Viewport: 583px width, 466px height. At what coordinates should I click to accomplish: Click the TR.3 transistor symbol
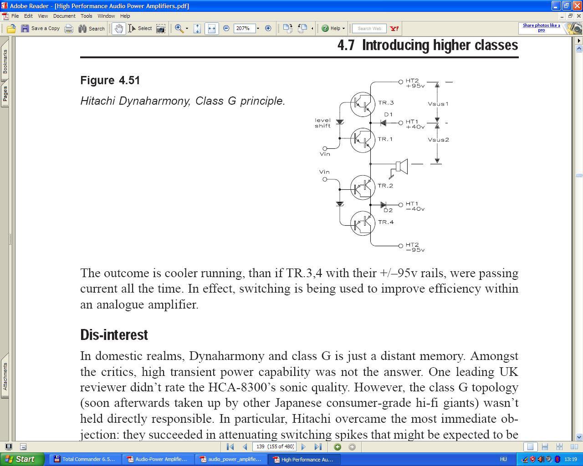pyautogui.click(x=363, y=104)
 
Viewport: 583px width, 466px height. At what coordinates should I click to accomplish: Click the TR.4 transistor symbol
pyautogui.click(x=363, y=223)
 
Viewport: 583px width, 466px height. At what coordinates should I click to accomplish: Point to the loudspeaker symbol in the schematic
pyautogui.click(x=401, y=167)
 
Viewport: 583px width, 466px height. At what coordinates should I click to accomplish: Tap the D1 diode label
pyautogui.click(x=388, y=115)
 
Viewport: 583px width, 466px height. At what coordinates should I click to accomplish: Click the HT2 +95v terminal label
pyautogui.click(x=415, y=83)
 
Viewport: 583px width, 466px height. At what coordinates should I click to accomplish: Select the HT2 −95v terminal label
pyautogui.click(x=415, y=247)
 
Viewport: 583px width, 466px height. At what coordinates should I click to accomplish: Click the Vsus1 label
pyautogui.click(x=438, y=104)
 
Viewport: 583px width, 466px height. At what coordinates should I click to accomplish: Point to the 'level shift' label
pyautogui.click(x=322, y=123)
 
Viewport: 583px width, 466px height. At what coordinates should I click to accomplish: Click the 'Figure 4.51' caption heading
pyautogui.click(x=110, y=81)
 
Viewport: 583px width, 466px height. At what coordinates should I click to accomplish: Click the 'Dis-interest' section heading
pyautogui.click(x=114, y=335)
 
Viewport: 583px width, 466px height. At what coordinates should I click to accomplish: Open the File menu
pyautogui.click(x=15, y=16)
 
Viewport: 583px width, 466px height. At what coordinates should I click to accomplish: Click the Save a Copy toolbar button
pyautogui.click(x=41, y=28)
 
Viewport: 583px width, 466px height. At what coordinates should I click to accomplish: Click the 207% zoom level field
pyautogui.click(x=244, y=28)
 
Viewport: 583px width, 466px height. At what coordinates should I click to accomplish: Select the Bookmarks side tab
pyautogui.click(x=5, y=61)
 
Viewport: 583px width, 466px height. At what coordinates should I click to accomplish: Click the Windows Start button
pyautogui.click(x=22, y=459)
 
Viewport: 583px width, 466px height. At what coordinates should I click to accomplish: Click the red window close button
pyautogui.click(x=577, y=6)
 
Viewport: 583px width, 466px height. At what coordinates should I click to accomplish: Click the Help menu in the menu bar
pyautogui.click(x=125, y=16)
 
